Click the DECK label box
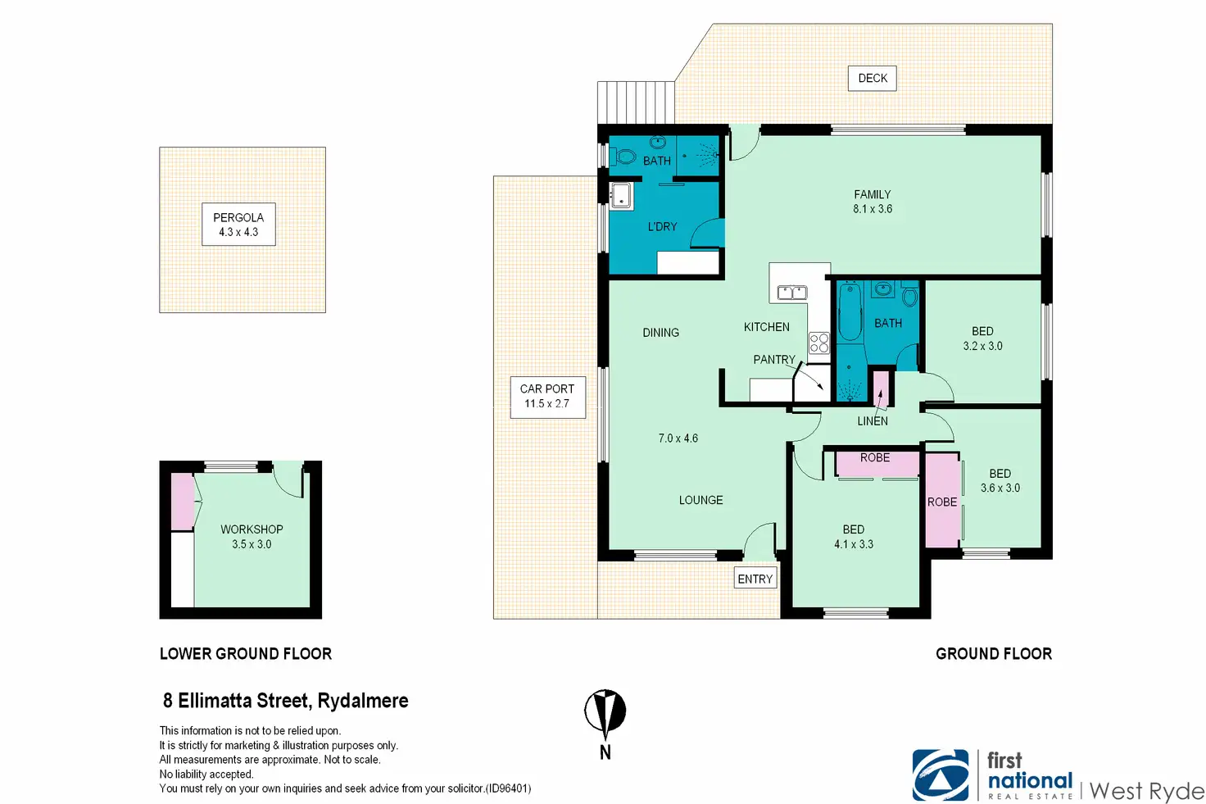873,79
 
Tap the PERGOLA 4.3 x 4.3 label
238,225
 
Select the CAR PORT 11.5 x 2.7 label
547,397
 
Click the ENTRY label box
755,579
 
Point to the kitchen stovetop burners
819,343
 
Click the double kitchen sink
792,293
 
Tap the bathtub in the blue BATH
850,311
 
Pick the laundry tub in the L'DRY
621,196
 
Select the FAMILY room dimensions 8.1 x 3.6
873,209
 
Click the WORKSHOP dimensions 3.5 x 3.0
252,544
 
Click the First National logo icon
941,775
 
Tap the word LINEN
873,421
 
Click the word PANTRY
774,360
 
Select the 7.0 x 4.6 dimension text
678,438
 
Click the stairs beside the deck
636,102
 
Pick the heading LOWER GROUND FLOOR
246,654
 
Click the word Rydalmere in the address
363,701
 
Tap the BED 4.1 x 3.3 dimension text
854,544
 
